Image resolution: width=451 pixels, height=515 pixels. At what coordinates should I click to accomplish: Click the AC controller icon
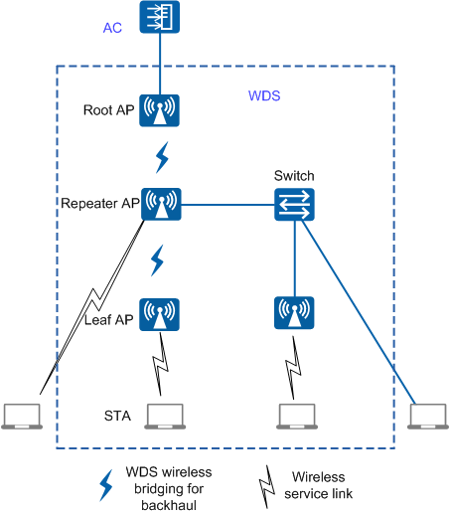click(x=160, y=17)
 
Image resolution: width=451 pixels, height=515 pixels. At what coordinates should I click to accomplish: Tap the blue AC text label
click(x=112, y=28)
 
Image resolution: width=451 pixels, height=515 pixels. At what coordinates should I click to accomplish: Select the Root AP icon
click(x=159, y=110)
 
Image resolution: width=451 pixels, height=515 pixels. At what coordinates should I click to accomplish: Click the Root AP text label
click(x=108, y=110)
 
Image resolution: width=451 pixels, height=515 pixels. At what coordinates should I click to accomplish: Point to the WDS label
click(x=264, y=95)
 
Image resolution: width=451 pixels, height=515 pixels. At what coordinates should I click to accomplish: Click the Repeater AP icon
click(x=161, y=204)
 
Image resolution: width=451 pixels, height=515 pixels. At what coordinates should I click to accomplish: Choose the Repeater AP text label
click(x=100, y=203)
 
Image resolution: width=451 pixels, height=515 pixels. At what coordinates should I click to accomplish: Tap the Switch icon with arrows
click(x=294, y=205)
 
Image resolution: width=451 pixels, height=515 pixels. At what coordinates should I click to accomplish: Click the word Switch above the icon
click(x=294, y=176)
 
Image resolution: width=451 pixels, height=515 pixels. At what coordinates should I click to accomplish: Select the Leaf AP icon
click(x=159, y=314)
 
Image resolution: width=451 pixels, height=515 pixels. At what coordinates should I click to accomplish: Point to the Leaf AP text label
click(x=108, y=320)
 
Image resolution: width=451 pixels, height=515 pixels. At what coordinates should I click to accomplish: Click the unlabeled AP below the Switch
click(x=294, y=313)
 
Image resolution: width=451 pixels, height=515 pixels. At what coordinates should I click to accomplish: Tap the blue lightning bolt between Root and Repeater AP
click(x=162, y=158)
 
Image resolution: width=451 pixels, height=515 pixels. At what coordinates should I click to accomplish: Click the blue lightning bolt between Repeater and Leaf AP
click(x=157, y=260)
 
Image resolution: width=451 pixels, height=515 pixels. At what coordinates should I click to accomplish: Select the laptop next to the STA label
click(x=165, y=417)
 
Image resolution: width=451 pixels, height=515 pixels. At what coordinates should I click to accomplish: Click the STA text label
click(x=117, y=416)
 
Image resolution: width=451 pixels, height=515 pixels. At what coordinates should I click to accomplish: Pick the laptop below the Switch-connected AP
click(x=297, y=417)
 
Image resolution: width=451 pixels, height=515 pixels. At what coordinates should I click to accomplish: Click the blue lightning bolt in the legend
click(x=106, y=485)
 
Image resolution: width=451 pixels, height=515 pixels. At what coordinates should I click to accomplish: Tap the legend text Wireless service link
click(x=318, y=485)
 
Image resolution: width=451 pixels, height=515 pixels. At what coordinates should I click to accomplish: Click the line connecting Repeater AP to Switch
click(x=227, y=205)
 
